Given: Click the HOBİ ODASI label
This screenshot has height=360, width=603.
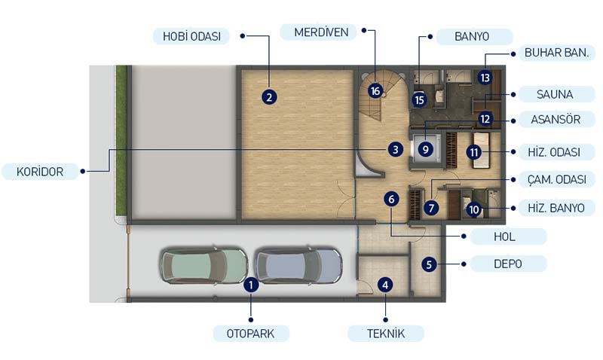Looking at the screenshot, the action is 191,36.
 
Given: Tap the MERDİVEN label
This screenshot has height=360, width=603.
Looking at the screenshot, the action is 321,32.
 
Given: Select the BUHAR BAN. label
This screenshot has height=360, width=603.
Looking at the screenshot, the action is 556,53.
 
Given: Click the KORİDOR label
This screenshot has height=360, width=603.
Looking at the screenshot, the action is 40,172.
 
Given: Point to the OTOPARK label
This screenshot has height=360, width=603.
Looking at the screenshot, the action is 251,334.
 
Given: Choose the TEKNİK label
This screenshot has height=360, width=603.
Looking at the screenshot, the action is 386,334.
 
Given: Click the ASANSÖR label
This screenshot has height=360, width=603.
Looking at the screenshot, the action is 556,120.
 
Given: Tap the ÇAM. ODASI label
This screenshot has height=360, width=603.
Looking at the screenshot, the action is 556,179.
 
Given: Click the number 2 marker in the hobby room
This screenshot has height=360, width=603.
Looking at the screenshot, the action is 269,97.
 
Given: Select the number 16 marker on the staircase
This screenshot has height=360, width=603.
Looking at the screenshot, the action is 375,91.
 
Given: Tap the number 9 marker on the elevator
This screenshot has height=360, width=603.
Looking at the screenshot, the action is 425,149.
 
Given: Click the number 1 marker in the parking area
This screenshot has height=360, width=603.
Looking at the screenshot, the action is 251,285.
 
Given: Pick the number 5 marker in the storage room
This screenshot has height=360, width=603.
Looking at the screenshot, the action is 429,264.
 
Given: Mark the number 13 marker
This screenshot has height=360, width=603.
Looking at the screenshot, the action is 485,78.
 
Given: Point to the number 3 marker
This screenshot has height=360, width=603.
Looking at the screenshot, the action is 395,149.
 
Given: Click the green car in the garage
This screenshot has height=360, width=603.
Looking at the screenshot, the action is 204,266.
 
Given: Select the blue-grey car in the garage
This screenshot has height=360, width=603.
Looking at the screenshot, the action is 298,266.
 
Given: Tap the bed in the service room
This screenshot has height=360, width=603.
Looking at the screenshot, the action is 481,150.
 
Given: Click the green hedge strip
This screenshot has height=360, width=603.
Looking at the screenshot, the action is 121,141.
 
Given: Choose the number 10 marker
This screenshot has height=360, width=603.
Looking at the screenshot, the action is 474,210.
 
